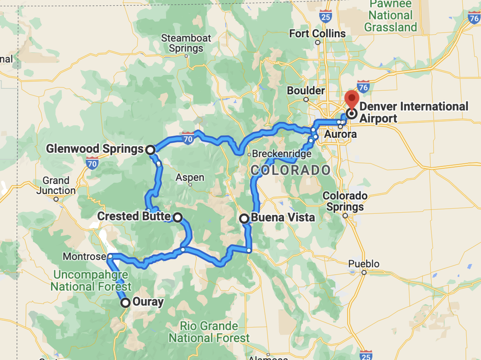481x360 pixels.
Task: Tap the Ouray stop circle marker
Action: click(125, 303)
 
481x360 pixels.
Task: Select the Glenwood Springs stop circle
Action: click(151, 149)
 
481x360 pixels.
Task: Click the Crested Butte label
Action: click(133, 216)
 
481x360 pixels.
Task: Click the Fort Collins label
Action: click(317, 34)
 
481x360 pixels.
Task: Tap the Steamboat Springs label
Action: click(186, 43)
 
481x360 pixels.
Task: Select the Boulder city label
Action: click(306, 90)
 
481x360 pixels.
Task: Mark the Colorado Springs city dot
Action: click(345, 216)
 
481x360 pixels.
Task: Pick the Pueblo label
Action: click(363, 264)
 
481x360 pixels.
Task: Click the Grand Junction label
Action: click(56, 185)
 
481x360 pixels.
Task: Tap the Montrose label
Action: click(84, 256)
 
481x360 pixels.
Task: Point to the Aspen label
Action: click(190, 177)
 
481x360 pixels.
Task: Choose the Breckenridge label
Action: click(282, 154)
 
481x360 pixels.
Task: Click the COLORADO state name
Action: click(291, 170)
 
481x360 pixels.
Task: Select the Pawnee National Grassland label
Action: click(390, 16)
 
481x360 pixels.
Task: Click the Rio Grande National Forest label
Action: click(209, 332)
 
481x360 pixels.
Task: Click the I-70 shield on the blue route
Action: click(188, 138)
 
